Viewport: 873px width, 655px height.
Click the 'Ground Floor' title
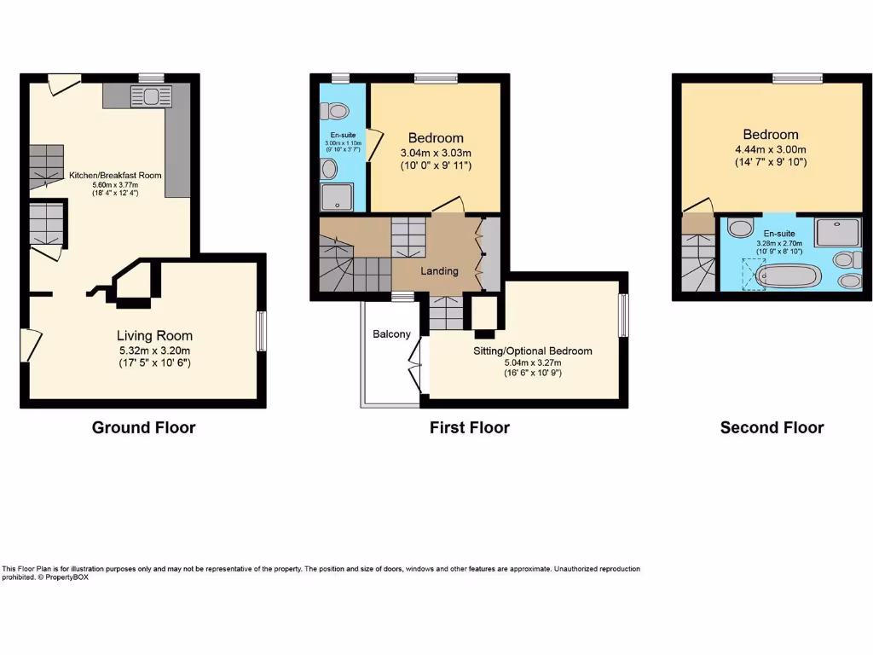pos(143,427)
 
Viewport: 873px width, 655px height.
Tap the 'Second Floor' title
pos(772,427)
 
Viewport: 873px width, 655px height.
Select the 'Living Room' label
pos(154,335)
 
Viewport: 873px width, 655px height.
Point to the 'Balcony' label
pos(391,334)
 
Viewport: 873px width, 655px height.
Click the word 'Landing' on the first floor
pos(439,271)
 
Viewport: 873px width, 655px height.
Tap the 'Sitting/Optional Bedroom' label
pos(532,351)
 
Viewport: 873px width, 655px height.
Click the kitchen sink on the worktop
pos(151,95)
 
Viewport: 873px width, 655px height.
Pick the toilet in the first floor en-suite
pos(335,111)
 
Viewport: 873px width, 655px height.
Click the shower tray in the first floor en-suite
pos(336,198)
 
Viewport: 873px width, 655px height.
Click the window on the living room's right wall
pos(262,332)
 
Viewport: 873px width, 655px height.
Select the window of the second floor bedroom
pos(798,78)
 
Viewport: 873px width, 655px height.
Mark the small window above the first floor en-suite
pos(341,78)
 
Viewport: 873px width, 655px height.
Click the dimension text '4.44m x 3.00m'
pos(771,148)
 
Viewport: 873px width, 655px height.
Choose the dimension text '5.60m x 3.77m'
pos(115,184)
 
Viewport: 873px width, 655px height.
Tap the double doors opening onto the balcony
pos(418,364)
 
